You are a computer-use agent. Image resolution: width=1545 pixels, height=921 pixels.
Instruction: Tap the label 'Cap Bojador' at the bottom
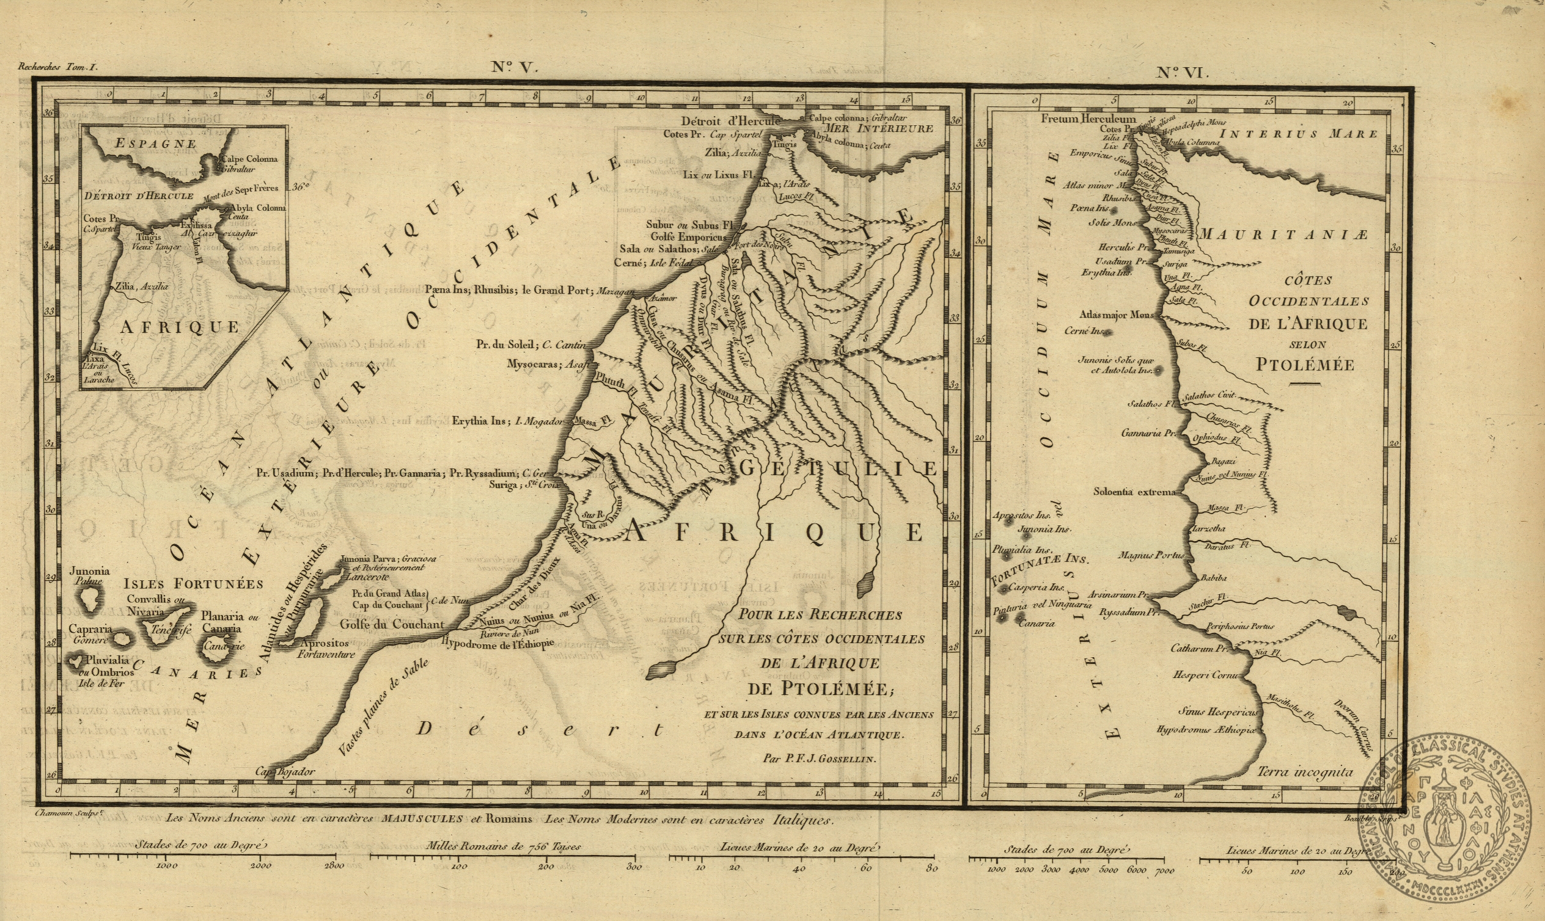point(285,772)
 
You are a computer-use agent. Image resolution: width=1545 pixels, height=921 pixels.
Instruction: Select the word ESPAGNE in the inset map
point(156,144)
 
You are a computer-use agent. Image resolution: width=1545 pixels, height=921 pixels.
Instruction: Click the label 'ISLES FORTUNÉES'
point(194,583)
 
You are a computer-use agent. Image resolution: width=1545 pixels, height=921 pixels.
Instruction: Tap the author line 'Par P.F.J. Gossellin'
point(819,758)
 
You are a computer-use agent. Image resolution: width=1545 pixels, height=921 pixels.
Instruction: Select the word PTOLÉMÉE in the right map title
point(1305,364)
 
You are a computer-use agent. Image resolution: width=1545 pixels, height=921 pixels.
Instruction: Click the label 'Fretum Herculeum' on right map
point(1088,118)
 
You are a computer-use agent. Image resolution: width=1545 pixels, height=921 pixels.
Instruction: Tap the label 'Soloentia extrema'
point(1134,492)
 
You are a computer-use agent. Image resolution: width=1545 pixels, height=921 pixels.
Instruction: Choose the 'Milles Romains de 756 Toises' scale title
point(503,846)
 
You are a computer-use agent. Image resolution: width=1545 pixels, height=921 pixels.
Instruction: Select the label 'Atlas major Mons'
point(1116,315)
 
